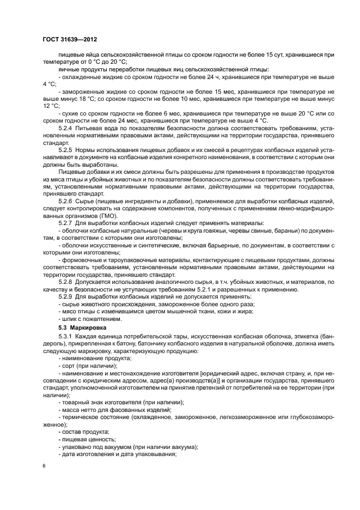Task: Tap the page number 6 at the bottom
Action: click(x=45, y=466)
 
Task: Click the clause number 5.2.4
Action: click(x=67, y=128)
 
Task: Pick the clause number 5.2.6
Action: click(x=67, y=202)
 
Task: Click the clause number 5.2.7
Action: click(x=67, y=223)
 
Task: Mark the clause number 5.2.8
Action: click(x=67, y=282)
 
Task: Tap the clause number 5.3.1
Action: click(x=67, y=338)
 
